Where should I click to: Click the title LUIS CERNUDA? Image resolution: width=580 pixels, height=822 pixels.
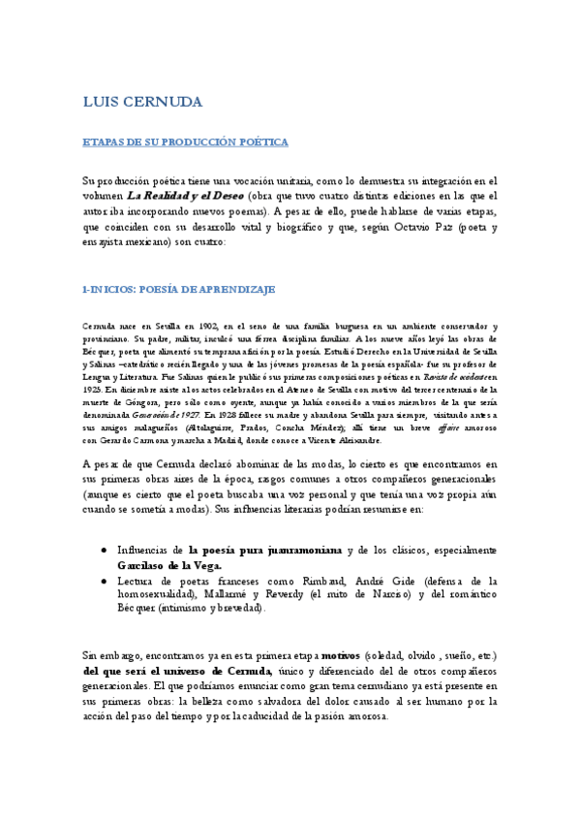point(142,102)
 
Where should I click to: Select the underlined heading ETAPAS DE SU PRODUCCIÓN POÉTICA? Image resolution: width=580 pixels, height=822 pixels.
point(185,142)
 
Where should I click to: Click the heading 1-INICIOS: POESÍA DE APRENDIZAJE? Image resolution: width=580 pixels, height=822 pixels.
point(179,288)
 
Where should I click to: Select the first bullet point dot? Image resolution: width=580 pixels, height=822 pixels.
point(104,550)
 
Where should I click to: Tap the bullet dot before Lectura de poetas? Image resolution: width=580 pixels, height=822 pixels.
point(104,580)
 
